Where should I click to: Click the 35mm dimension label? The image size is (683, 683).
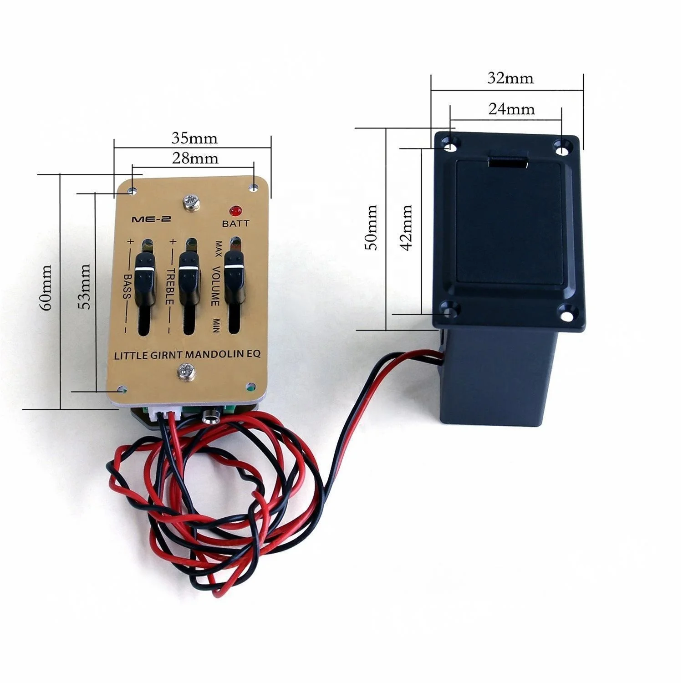(x=194, y=138)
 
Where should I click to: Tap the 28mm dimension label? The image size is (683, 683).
(x=195, y=158)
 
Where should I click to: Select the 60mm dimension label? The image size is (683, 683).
(x=46, y=288)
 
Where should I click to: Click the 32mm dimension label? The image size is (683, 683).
(x=510, y=78)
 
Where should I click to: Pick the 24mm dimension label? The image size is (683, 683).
(x=511, y=109)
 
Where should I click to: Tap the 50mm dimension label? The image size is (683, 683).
(x=372, y=227)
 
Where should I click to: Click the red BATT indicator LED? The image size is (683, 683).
(x=235, y=211)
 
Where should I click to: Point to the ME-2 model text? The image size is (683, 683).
(x=151, y=219)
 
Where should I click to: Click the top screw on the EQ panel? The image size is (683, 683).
(x=191, y=202)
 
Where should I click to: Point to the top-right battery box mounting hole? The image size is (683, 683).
(x=564, y=147)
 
